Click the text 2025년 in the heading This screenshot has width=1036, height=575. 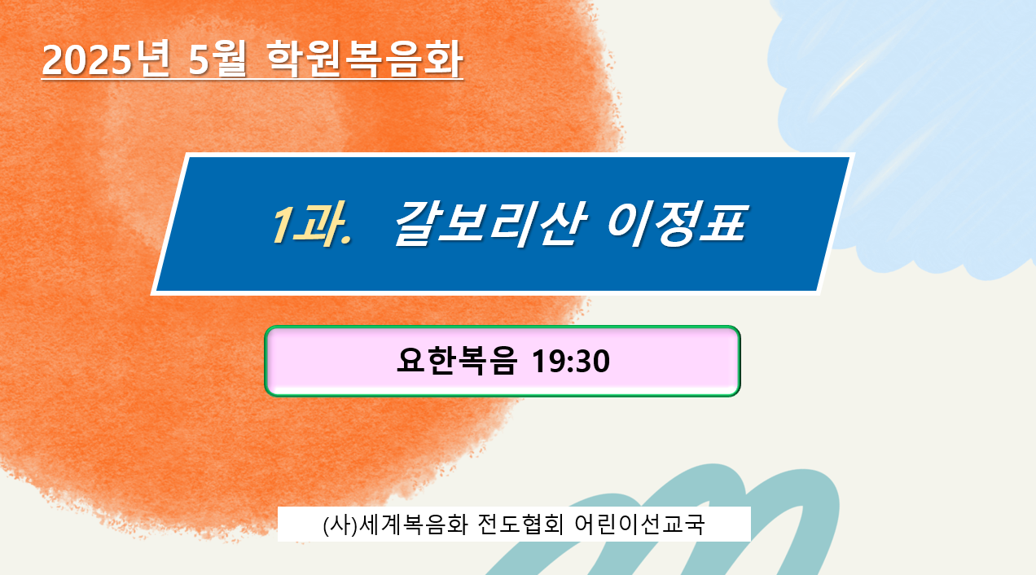tap(106, 59)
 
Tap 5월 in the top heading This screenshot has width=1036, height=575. tap(217, 59)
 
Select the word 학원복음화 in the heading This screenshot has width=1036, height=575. tap(364, 59)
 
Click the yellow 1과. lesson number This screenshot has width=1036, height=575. tap(311, 223)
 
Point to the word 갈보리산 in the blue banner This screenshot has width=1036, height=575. tap(489, 223)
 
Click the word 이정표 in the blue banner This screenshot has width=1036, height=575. tap(676, 223)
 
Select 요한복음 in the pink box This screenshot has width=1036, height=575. tap(457, 361)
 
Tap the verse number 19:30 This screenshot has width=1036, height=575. tap(571, 362)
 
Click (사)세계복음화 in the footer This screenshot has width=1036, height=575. tap(396, 525)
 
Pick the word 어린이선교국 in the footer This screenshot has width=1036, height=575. tap(639, 525)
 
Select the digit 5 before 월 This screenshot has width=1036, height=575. tap(200, 60)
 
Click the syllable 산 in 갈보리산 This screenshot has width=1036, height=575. tap(561, 223)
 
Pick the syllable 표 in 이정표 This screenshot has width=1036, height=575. tap(723, 223)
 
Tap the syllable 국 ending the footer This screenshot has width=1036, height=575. tap(693, 525)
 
